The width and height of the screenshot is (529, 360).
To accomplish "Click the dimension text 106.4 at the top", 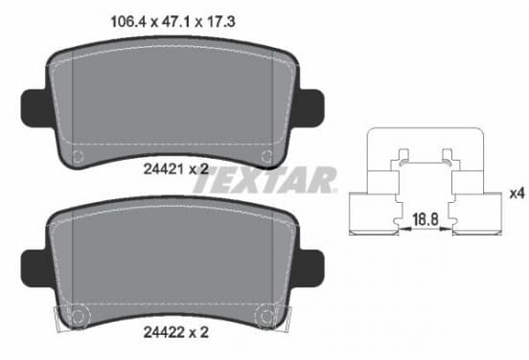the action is pos(127,22).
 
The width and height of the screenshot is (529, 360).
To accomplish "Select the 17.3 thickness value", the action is pos(220,22).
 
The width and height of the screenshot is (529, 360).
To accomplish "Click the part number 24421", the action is pos(163,169).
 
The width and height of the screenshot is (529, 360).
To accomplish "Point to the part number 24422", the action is pos(163,332).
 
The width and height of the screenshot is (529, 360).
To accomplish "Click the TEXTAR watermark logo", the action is pos(264,180).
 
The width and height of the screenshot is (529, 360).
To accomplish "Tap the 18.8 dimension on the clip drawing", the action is pos(425,219).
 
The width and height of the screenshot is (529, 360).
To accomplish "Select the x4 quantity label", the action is pos(517,193).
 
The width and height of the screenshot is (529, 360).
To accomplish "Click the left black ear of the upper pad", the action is pos(36,108).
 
